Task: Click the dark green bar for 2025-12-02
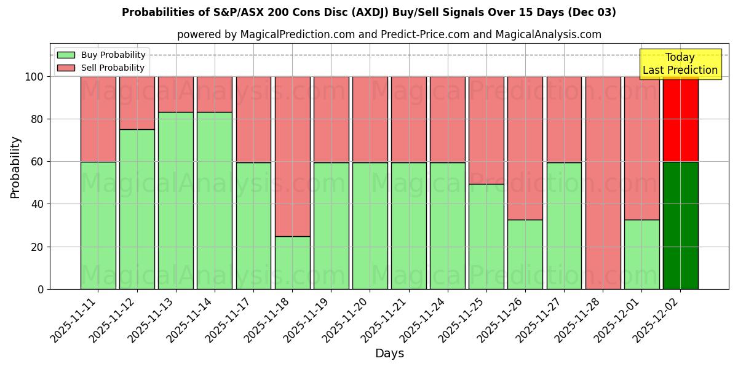(x=680, y=225)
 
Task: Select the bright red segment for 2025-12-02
(x=680, y=119)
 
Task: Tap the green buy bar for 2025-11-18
(x=292, y=263)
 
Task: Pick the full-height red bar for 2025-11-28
(x=603, y=183)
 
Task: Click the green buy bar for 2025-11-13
(x=176, y=200)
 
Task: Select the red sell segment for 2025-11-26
(x=525, y=148)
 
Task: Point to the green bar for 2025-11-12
(x=137, y=209)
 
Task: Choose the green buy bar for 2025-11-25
(x=486, y=236)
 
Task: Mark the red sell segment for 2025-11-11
(x=98, y=119)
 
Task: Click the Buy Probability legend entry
(x=101, y=55)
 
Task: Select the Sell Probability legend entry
(x=101, y=68)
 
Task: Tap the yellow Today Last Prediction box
(x=680, y=64)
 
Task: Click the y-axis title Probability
(x=15, y=167)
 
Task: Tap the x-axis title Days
(x=389, y=354)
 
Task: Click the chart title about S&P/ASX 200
(x=369, y=12)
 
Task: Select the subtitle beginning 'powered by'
(x=389, y=34)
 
